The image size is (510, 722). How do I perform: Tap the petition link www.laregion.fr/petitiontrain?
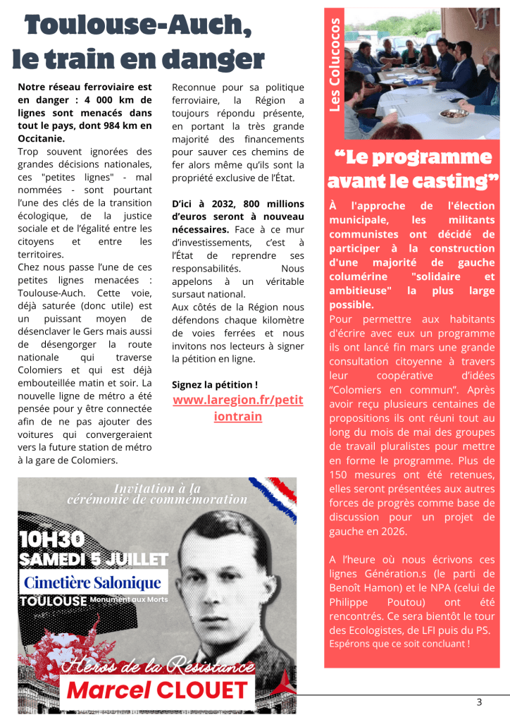click(237, 408)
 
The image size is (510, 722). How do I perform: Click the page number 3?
click(479, 702)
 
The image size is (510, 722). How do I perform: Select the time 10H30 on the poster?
click(51, 540)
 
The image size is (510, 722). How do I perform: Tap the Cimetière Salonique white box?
click(92, 583)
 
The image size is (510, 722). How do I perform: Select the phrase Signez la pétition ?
click(215, 385)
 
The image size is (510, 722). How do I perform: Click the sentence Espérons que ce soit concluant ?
click(399, 644)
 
